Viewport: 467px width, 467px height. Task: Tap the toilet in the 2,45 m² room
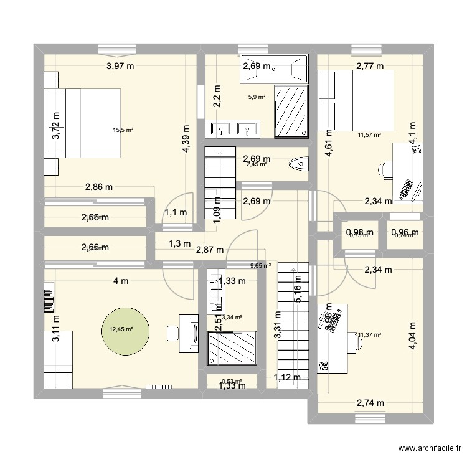300,164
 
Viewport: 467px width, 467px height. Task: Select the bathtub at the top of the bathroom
274,68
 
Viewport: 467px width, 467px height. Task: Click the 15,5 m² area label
123,130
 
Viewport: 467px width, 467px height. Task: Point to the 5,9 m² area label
257,97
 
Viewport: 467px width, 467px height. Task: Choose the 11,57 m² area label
369,133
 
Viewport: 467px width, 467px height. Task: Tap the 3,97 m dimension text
121,65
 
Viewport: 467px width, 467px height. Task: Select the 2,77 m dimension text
369,65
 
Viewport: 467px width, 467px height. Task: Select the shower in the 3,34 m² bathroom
232,347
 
